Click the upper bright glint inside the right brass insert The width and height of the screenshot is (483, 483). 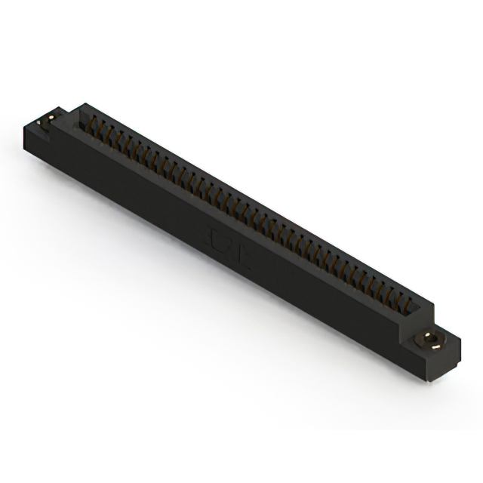click(431, 334)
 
